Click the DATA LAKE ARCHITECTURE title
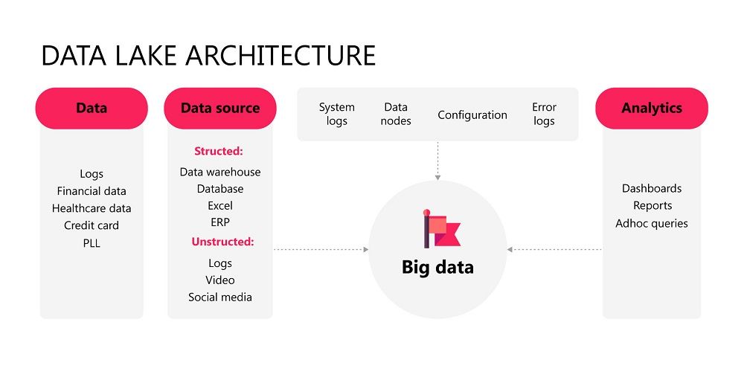208,56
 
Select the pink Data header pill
92,109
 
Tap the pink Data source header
220,109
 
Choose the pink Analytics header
652,109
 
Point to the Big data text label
437,267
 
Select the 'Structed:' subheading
219,151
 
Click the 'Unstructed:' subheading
222,242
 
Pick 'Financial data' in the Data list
92,191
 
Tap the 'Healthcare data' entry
92,208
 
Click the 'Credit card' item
92,225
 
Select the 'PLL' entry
92,242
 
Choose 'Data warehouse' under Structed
220,172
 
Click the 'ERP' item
220,222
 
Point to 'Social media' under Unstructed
220,297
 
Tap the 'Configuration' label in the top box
472,115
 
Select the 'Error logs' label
544,115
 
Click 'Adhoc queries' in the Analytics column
652,223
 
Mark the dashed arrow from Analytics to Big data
554,249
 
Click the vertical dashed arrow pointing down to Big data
437,160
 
